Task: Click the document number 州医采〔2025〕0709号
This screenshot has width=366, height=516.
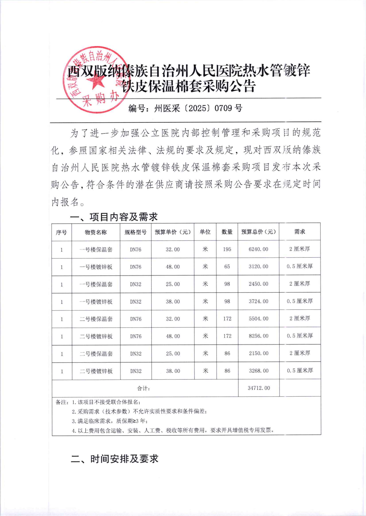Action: point(185,108)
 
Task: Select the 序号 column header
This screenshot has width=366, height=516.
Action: point(61,232)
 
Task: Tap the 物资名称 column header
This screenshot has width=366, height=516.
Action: point(96,232)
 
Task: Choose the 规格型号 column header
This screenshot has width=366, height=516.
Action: point(135,232)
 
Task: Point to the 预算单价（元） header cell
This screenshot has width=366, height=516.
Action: point(173,232)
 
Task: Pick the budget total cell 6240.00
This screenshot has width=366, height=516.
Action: point(258,249)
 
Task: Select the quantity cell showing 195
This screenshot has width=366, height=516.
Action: point(227,249)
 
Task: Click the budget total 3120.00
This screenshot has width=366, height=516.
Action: point(258,267)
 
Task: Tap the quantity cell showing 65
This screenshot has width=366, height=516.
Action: point(227,267)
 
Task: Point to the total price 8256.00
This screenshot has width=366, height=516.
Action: point(259,336)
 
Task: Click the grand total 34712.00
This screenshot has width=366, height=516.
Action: point(259,388)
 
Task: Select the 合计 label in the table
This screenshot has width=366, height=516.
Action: point(143,388)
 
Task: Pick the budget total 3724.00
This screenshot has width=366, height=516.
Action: point(258,302)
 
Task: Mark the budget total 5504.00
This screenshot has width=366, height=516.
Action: point(259,319)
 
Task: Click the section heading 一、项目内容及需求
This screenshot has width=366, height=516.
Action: point(114,217)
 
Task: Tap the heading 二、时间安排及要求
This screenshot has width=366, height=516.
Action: point(114,459)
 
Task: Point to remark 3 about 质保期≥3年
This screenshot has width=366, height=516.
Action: point(110,421)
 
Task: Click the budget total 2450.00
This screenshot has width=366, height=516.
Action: point(258,284)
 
